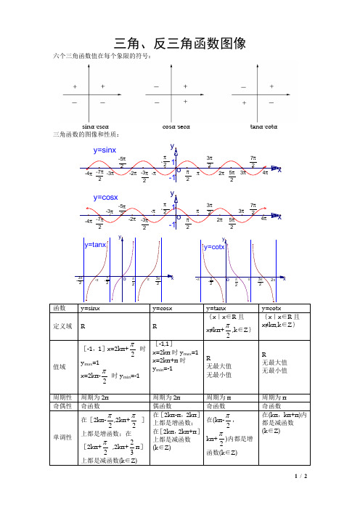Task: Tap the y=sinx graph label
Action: pyautogui.click(x=105, y=150)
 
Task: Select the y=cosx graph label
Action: pyautogui.click(x=105, y=198)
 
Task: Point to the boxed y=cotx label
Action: pyautogui.click(x=214, y=247)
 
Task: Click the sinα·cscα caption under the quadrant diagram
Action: pyautogui.click(x=96, y=126)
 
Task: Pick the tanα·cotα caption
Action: pyautogui.click(x=260, y=126)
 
